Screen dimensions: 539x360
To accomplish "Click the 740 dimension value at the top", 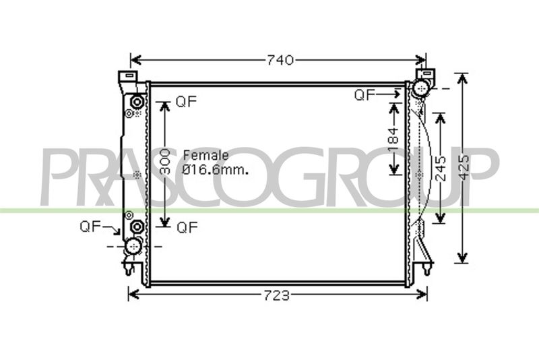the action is (280, 61).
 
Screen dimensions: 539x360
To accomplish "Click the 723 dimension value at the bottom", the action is (277, 295).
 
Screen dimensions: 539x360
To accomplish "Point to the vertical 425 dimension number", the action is (464, 167).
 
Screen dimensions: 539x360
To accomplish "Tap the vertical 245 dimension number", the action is (441, 169).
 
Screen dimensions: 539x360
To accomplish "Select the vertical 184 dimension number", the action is (393, 140).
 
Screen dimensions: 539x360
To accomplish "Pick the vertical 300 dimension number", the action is (165, 161).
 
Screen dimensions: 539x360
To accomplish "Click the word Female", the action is (206, 155).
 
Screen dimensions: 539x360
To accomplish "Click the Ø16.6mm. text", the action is (215, 169).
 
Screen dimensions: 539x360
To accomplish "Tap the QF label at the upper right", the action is (364, 95).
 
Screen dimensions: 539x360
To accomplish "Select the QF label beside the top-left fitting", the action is (186, 101).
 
